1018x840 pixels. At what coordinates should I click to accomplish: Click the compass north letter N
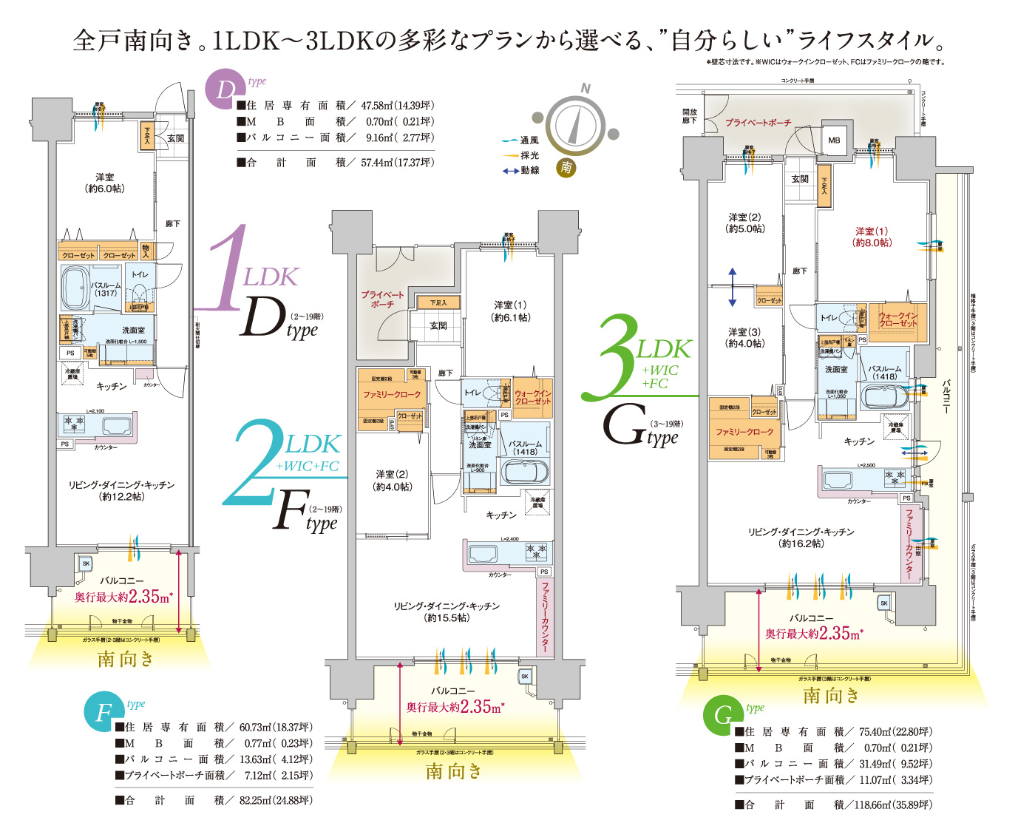pyautogui.click(x=586, y=88)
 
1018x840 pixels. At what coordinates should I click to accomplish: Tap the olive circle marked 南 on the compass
pyautogui.click(x=566, y=167)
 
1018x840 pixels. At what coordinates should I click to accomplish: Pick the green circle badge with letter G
pyautogui.click(x=722, y=715)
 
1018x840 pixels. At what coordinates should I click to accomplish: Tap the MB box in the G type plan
pyautogui.click(x=834, y=140)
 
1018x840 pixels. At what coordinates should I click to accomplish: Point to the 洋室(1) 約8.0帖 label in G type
pyautogui.click(x=872, y=237)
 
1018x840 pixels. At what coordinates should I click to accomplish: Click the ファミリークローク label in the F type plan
pyautogui.click(x=391, y=394)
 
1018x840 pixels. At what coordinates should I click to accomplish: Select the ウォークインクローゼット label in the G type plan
pyautogui.click(x=897, y=319)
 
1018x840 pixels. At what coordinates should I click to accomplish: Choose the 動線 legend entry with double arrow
pyautogui.click(x=521, y=171)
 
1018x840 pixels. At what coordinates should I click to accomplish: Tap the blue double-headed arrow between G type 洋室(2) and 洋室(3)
pyautogui.click(x=732, y=287)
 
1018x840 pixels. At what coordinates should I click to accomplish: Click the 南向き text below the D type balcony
pyautogui.click(x=126, y=658)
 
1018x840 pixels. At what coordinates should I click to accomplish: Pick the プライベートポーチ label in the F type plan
pyautogui.click(x=383, y=299)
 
